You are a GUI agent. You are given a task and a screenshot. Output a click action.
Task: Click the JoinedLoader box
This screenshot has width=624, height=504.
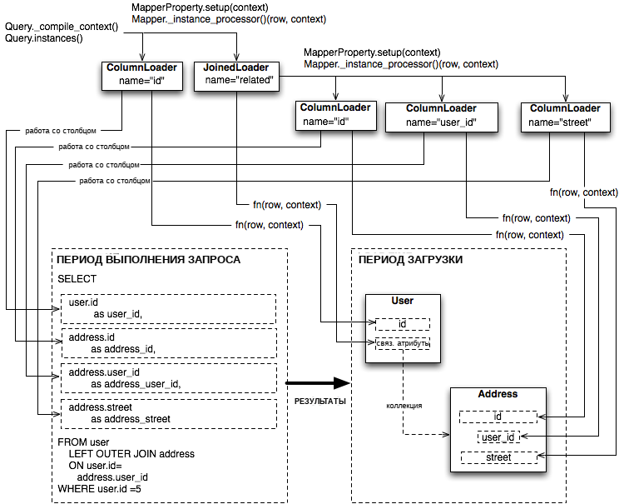[x=237, y=76]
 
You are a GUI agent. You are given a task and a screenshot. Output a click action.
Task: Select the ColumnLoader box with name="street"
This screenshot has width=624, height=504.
[x=566, y=117]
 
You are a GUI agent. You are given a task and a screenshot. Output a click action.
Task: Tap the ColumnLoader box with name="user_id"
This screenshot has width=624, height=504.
[x=442, y=117]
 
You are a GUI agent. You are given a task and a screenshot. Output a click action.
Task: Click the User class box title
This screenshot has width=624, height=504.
[x=403, y=301]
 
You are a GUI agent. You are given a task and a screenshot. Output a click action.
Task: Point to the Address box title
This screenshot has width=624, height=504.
[x=498, y=394]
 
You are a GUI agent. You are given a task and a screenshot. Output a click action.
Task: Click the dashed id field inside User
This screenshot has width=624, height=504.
[x=403, y=324]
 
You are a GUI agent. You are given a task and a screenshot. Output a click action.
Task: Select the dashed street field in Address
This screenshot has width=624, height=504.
[x=498, y=457]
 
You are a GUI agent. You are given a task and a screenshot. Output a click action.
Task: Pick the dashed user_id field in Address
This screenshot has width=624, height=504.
[x=498, y=437]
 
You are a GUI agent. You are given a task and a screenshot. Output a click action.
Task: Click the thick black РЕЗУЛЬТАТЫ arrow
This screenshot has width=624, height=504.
[x=318, y=383]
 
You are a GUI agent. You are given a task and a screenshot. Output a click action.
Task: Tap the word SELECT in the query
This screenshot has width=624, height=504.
[x=77, y=279]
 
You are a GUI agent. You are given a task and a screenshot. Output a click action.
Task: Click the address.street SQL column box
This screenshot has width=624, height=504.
[x=169, y=414]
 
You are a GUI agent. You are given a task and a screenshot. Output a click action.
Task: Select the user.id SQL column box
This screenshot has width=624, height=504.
[x=168, y=309]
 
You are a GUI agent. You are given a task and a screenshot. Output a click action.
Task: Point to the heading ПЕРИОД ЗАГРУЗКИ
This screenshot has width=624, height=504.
[x=410, y=260]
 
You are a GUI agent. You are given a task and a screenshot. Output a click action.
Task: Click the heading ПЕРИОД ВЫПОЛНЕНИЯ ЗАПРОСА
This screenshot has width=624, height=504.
[x=148, y=260]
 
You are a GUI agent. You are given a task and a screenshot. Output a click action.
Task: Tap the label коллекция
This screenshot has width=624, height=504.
[x=404, y=406]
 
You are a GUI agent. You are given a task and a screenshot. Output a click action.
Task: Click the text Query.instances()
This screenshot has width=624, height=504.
[x=44, y=38]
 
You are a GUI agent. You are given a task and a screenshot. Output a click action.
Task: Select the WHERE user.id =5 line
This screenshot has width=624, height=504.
[x=100, y=489]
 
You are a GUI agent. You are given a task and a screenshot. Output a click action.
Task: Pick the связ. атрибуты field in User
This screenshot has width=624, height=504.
[x=403, y=343]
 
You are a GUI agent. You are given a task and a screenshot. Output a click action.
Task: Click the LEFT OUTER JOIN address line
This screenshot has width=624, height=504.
[x=131, y=454]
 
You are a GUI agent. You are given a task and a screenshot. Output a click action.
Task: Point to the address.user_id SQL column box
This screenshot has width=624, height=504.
[x=169, y=378]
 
